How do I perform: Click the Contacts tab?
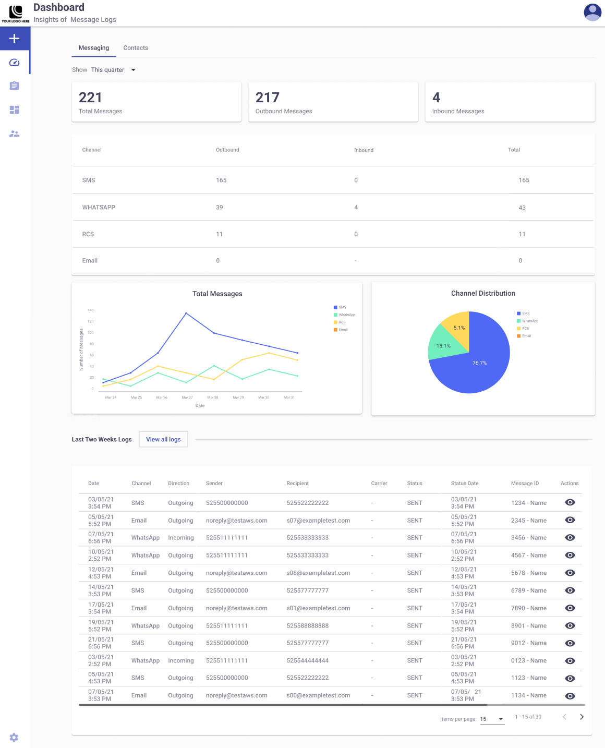(136, 48)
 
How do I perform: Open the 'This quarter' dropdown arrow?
(134, 70)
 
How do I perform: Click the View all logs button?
(163, 439)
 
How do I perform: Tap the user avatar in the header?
(592, 13)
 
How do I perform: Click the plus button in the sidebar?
(15, 38)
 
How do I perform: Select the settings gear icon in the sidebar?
(14, 737)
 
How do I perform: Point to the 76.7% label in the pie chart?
(479, 363)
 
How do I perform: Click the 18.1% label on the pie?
(443, 346)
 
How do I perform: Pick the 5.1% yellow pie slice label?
(459, 328)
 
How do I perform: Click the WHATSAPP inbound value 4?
(356, 207)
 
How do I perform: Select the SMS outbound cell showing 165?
(221, 180)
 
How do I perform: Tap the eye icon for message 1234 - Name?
(570, 502)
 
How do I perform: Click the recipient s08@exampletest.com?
(318, 573)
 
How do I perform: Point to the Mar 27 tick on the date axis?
(187, 397)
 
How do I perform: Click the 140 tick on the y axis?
(91, 310)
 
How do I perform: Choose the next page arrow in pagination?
(582, 717)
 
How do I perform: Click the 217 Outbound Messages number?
(267, 97)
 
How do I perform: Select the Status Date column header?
(465, 483)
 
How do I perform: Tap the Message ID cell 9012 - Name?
(528, 643)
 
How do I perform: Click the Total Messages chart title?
(217, 294)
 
